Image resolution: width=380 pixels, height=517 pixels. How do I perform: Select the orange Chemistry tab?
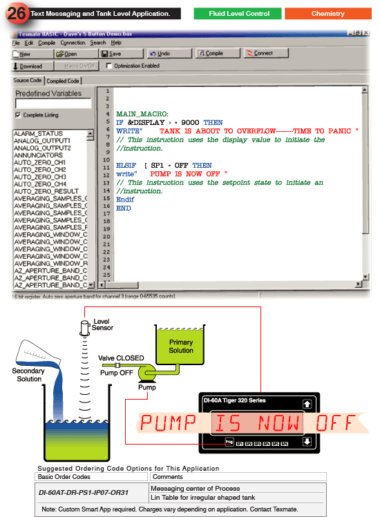coord(327,14)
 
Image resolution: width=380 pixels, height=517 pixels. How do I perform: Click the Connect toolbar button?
coord(262,53)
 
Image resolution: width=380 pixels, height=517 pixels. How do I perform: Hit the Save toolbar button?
coord(111,53)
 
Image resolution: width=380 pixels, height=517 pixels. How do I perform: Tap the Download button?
coord(28,66)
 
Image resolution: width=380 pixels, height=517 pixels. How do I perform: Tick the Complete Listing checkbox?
coord(17,115)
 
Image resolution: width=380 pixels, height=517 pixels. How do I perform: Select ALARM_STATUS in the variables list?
coord(38,133)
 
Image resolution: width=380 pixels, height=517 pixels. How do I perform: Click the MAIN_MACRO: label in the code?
coord(142,114)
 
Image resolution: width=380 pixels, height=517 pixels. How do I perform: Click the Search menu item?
coord(98,43)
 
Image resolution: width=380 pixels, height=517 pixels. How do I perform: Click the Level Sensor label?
coord(102,324)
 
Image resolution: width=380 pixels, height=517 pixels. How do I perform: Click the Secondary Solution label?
coord(28,375)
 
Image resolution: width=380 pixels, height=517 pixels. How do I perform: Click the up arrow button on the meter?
coord(345,404)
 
